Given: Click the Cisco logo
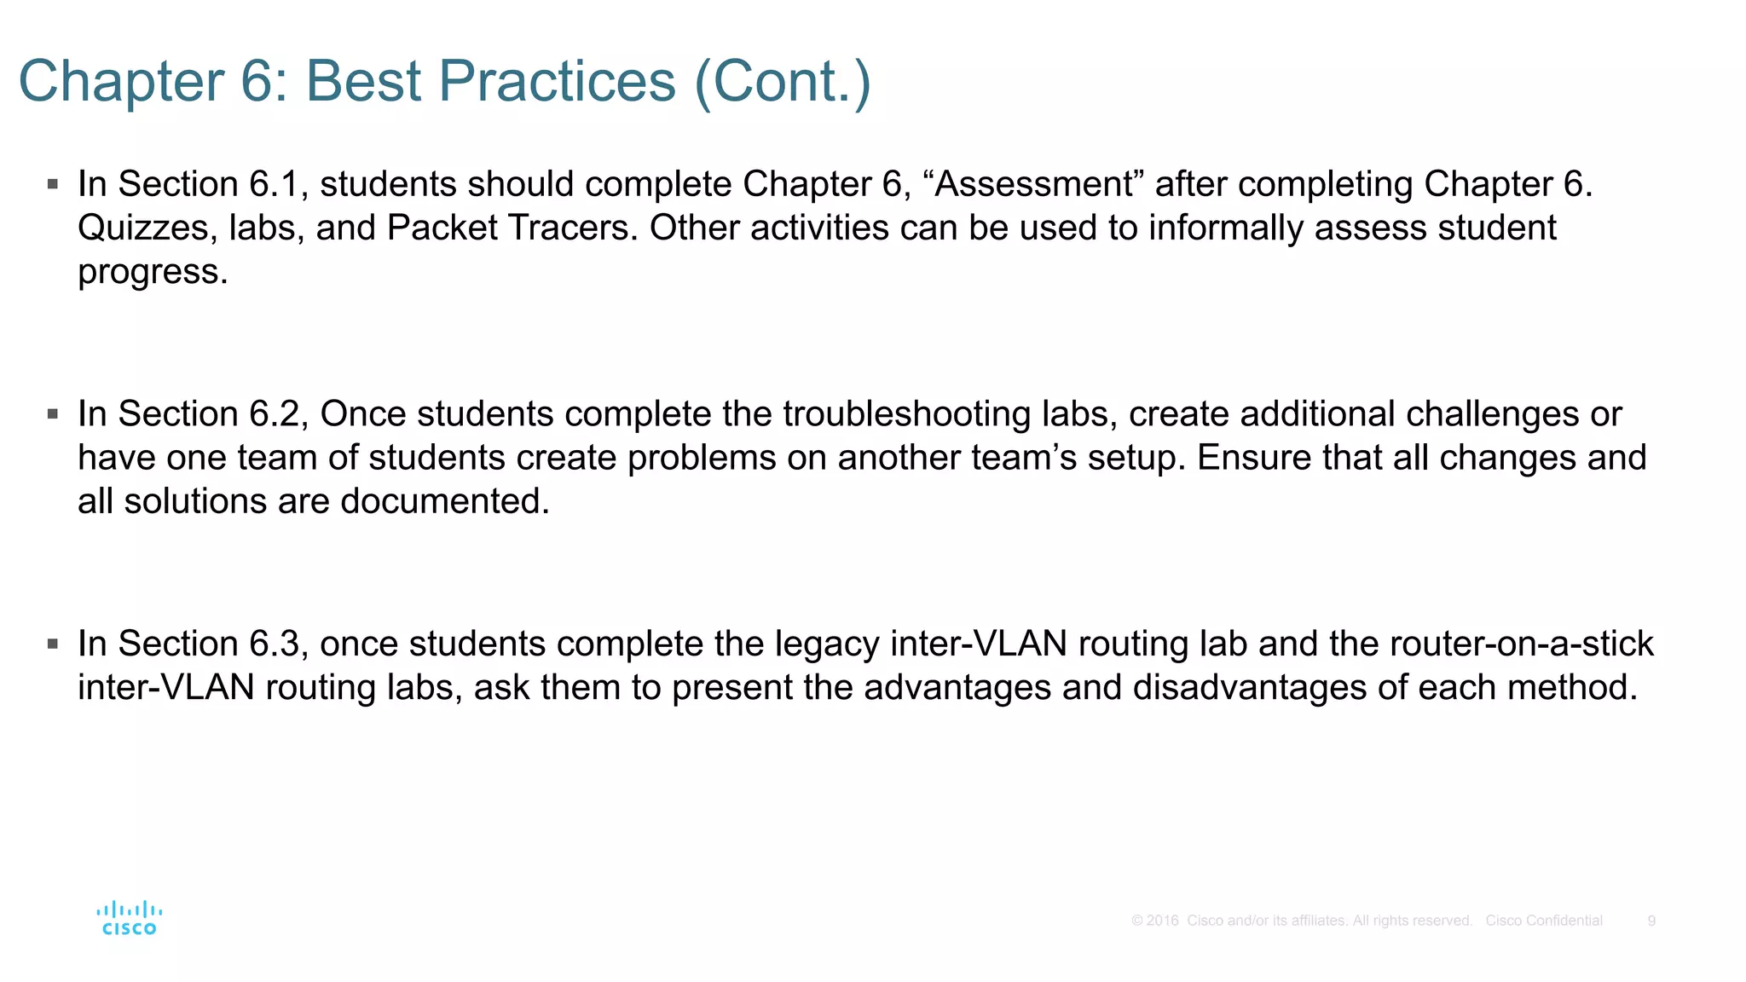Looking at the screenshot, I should [x=130, y=919].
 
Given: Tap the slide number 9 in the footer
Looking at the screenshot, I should [x=1651, y=921].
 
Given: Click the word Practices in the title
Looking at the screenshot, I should [x=558, y=82].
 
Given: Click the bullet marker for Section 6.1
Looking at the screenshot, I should [x=53, y=184].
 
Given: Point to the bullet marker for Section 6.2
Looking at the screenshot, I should [x=53, y=414].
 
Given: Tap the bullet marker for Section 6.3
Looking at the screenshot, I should [x=53, y=644].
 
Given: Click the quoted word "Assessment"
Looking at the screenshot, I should [x=1033, y=184].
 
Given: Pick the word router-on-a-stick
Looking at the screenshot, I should [x=1521, y=644].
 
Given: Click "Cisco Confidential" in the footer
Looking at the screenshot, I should [x=1544, y=921].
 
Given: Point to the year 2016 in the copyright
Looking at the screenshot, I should [x=1162, y=921].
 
